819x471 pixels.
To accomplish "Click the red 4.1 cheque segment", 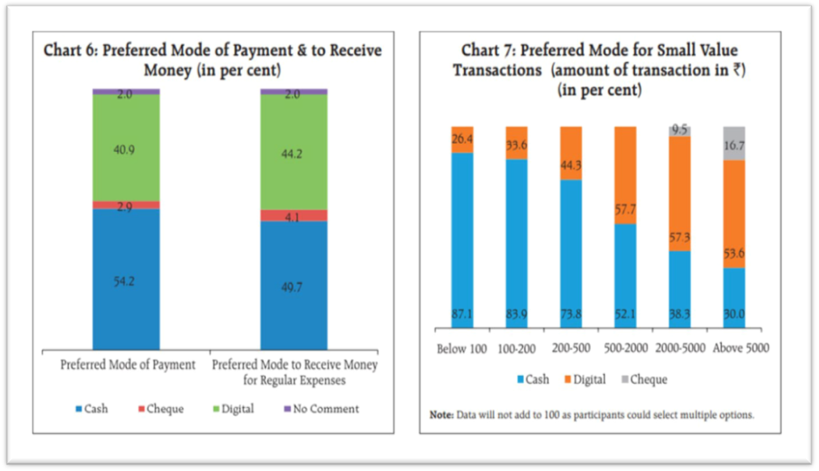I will (x=293, y=216).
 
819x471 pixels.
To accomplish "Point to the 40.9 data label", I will (x=126, y=147).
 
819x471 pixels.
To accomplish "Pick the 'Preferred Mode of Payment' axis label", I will (x=128, y=364).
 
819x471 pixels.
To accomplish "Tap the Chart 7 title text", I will (x=599, y=70).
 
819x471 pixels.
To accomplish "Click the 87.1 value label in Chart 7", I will (x=462, y=315).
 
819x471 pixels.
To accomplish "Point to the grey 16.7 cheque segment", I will (x=734, y=143).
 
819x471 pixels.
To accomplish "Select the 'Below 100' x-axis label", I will (x=462, y=348).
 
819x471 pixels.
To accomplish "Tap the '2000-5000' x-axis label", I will (x=678, y=348).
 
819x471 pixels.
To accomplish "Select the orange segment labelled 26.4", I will (x=462, y=139).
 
